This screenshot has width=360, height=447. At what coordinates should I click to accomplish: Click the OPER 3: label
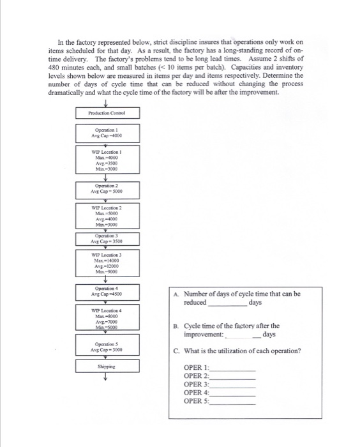196,384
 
